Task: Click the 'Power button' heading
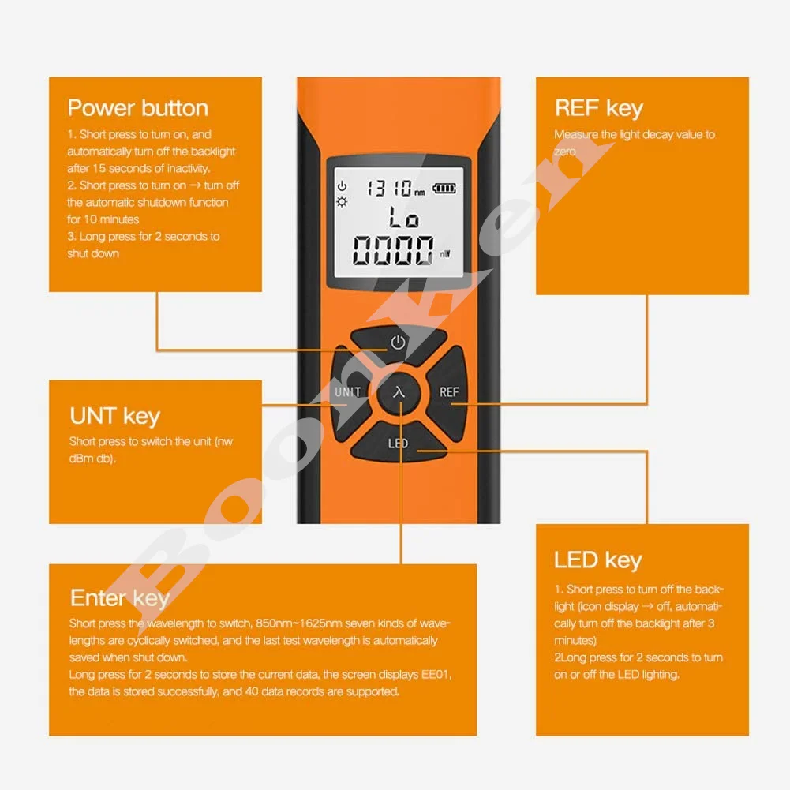138,108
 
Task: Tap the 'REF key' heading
599,108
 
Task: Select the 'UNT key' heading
115,417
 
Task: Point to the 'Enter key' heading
120,598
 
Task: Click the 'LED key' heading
598,560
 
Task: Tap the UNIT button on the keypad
350,392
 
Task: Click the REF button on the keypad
447,392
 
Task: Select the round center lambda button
399,392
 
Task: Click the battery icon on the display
444,189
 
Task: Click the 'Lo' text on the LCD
403,218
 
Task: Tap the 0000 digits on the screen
393,250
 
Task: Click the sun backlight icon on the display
342,203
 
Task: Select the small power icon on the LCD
342,186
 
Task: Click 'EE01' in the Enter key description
436,674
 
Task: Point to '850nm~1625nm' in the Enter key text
299,623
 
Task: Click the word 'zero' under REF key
565,152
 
